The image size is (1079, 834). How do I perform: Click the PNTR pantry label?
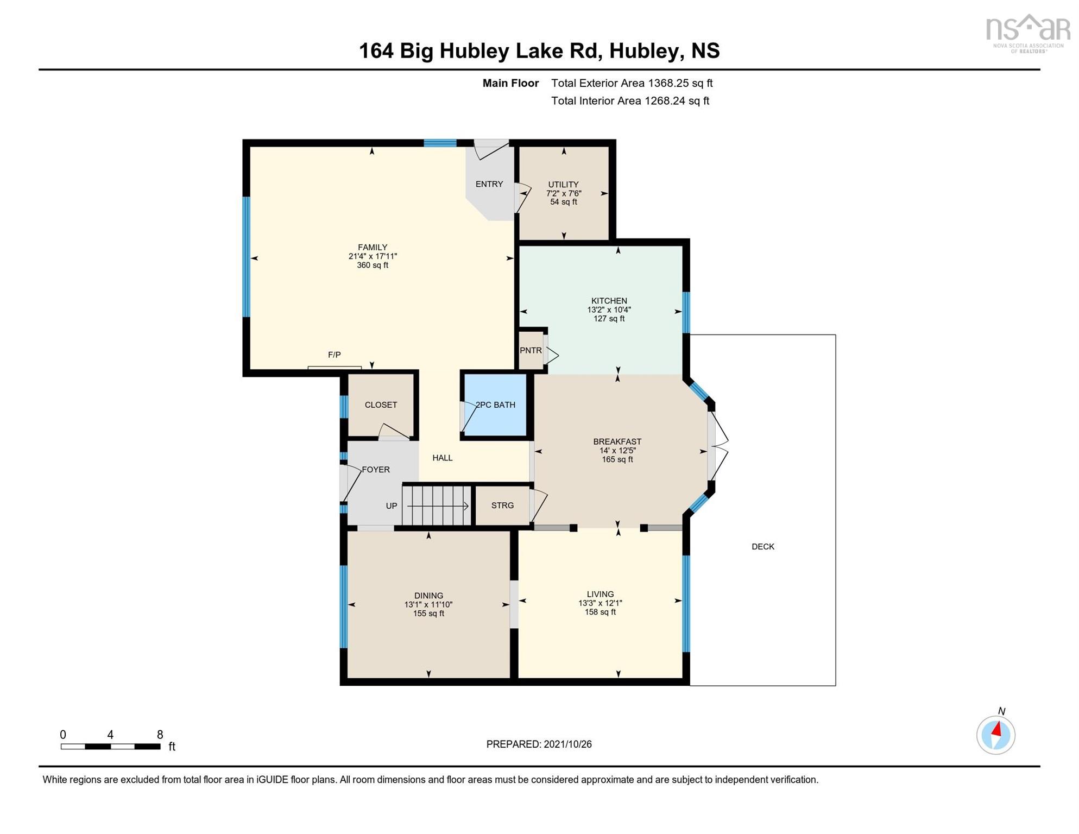coord(531,350)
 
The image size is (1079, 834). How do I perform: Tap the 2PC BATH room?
coord(495,405)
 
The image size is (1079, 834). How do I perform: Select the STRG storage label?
coord(502,506)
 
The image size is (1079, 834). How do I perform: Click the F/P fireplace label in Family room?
coord(335,355)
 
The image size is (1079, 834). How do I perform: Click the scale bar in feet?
coord(111,747)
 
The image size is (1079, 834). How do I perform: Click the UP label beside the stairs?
coord(392,506)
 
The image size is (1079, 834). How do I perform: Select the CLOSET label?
coord(381,405)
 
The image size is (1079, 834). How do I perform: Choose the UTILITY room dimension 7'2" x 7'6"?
coord(564,193)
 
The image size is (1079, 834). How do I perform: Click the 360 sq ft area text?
coord(373,266)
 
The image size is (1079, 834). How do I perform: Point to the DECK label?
coord(763,547)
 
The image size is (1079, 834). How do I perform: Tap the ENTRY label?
coord(489,184)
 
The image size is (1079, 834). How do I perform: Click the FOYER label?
coord(376,470)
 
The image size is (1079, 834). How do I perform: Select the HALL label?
coord(443,458)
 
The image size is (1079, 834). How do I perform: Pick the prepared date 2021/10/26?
coord(567,744)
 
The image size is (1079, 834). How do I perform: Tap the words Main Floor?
coord(510,83)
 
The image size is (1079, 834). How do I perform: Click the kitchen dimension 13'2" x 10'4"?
coord(609,310)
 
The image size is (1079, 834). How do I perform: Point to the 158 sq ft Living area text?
coord(600,612)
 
